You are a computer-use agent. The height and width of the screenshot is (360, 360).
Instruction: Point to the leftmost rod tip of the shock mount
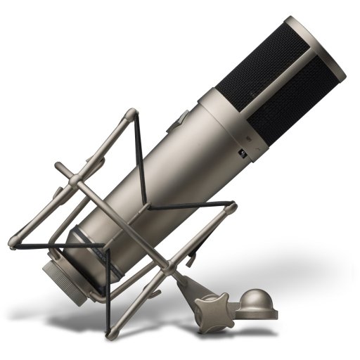click(13, 245)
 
